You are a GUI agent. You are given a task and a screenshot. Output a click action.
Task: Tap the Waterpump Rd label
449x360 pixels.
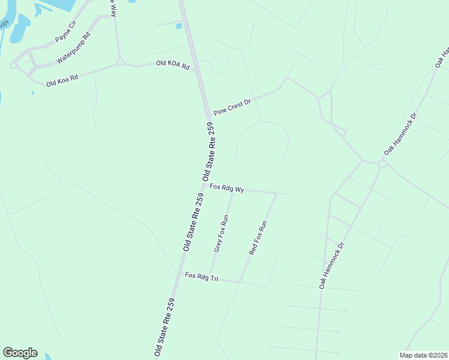[x=73, y=49]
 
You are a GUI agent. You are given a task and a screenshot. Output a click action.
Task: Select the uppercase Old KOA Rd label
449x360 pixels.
[x=173, y=65]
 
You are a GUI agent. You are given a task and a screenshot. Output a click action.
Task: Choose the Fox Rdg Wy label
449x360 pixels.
[x=227, y=188]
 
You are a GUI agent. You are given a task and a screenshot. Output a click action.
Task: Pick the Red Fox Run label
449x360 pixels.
[x=258, y=239]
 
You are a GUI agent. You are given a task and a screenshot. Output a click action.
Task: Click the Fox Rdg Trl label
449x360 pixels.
[x=201, y=277]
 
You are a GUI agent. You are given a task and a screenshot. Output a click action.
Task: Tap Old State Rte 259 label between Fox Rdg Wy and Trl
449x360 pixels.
[x=193, y=222]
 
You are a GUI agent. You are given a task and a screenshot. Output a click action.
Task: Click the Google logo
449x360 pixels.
[x=20, y=353]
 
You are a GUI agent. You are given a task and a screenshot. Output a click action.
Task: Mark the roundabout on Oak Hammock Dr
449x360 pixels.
[x=382, y=163]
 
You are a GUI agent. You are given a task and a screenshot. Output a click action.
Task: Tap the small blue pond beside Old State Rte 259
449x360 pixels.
[x=178, y=26]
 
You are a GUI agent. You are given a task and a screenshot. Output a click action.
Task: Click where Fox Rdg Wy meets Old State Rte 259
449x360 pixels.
[x=206, y=185]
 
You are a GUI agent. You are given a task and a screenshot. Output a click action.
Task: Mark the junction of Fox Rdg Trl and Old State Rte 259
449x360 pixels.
[x=181, y=274]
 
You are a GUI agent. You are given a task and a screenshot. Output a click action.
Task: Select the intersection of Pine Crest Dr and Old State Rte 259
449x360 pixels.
[x=209, y=115]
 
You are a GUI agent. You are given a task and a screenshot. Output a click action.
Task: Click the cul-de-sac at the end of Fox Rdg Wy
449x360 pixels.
[x=289, y=193]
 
